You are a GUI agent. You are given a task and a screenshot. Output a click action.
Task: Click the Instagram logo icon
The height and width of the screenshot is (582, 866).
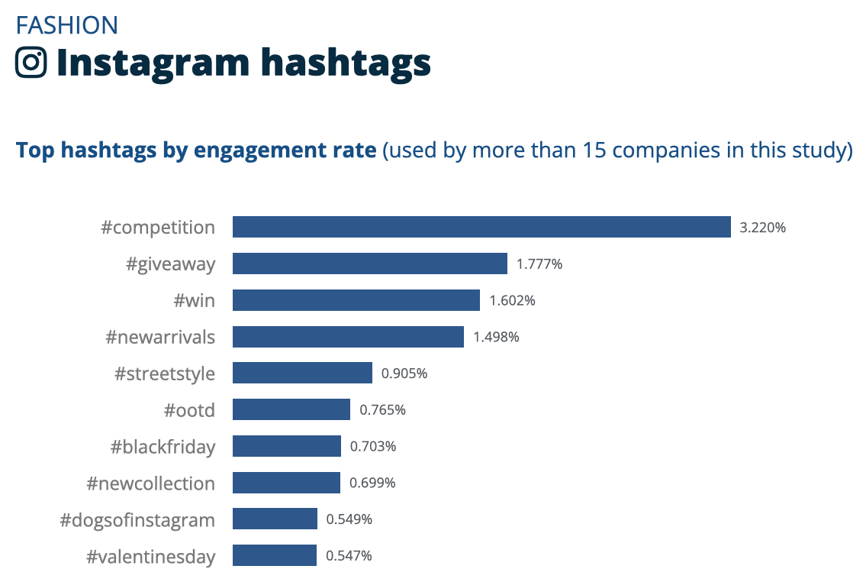[x=31, y=62]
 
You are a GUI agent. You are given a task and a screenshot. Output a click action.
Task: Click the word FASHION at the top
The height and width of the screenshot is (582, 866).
[x=67, y=25]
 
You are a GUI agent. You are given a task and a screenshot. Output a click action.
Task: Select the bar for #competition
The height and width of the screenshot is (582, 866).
[x=481, y=227]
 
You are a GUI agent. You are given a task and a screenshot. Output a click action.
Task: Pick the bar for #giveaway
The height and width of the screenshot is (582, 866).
[x=370, y=264]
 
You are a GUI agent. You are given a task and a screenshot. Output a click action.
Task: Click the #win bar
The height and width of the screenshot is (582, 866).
[x=356, y=300]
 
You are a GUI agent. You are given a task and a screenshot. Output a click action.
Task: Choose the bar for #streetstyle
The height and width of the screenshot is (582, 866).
[x=302, y=373]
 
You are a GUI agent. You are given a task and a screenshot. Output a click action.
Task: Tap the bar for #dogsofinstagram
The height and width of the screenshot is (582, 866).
[x=275, y=519]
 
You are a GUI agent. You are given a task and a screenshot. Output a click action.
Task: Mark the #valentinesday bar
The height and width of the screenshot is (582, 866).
[x=275, y=555]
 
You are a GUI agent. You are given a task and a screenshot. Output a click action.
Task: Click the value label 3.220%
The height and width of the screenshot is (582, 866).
[x=762, y=228]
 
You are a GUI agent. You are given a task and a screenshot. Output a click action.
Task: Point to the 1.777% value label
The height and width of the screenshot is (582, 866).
[x=539, y=264]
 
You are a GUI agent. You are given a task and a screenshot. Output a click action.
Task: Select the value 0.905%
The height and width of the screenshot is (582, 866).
[x=404, y=373]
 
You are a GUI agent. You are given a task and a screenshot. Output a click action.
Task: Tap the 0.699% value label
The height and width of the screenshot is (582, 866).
[x=372, y=483]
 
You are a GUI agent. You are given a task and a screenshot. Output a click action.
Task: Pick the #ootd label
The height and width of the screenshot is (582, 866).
[x=189, y=410]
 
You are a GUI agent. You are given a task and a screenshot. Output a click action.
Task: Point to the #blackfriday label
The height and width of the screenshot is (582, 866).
[x=163, y=447]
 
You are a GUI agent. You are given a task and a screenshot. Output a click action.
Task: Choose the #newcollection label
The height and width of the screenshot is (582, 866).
[x=151, y=483]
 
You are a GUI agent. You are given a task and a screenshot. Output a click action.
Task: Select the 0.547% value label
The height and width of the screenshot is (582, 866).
[x=349, y=556]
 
